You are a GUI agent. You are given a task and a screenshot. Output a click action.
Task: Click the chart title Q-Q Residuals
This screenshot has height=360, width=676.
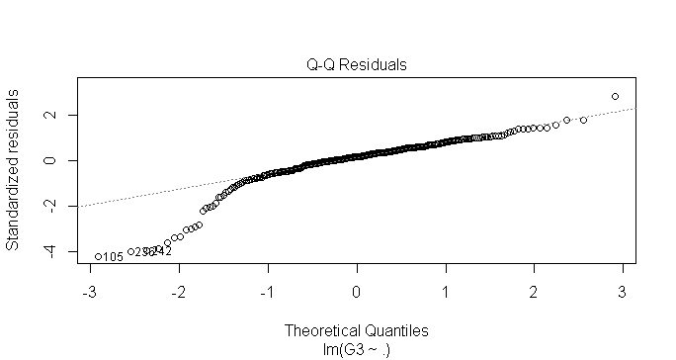357,65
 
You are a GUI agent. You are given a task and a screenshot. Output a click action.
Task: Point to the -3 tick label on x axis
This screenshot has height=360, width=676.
89,293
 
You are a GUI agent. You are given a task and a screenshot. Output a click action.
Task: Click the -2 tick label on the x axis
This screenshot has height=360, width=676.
178,293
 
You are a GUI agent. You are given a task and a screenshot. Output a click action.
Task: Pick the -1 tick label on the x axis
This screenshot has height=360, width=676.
267,293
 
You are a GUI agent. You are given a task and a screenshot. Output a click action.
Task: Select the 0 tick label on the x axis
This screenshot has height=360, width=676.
357,293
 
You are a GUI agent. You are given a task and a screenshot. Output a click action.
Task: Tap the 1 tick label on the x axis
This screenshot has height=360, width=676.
445,293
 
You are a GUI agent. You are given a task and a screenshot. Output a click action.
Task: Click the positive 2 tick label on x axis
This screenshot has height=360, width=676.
534,293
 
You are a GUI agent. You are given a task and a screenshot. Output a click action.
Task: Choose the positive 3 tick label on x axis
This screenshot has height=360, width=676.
623,293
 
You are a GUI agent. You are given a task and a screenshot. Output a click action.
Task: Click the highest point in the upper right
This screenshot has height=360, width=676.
615,96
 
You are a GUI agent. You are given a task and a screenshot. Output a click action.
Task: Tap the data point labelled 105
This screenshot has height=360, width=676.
97,256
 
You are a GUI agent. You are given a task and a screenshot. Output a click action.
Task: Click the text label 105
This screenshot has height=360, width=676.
113,257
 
